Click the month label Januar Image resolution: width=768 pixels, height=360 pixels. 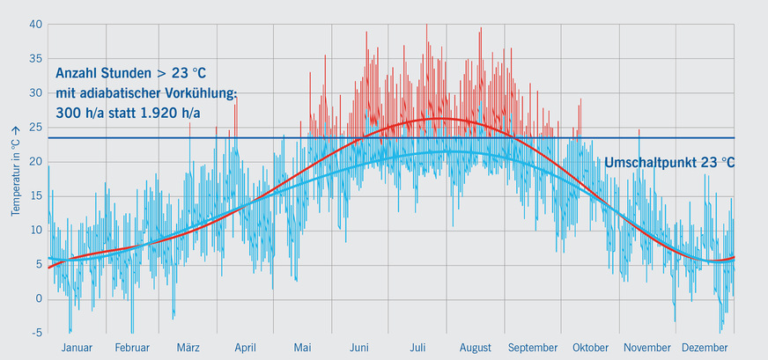[77, 348]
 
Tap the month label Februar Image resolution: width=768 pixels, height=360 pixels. [132, 348]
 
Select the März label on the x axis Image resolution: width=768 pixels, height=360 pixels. [188, 348]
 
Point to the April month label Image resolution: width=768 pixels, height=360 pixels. [245, 348]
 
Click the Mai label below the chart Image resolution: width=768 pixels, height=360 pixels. [302, 348]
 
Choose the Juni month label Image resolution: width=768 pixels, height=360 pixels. [358, 348]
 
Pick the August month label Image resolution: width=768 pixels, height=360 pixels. [475, 348]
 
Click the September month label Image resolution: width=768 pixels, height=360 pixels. [532, 348]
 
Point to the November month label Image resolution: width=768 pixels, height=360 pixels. [647, 348]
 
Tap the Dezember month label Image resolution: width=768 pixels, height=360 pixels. [705, 348]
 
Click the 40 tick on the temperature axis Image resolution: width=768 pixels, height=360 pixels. [35, 24]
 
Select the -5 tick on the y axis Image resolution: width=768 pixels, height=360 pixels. [36, 333]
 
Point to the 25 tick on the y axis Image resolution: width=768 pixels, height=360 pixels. [35, 127]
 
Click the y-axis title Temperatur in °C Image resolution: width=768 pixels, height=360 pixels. [15, 171]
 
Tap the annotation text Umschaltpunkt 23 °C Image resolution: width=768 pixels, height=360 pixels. [669, 163]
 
